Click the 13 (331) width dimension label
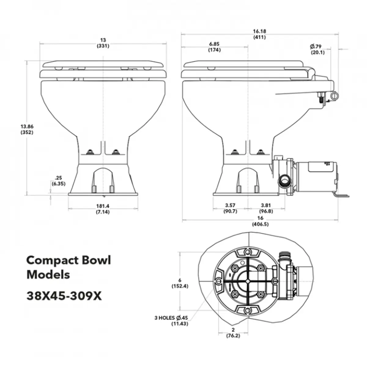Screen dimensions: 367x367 103,43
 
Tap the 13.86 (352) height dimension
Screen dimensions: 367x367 27,129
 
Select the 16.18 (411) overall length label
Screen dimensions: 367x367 259,34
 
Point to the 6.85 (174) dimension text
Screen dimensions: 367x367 214,47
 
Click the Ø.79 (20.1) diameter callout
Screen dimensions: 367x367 317,49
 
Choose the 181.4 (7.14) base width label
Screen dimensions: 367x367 102,209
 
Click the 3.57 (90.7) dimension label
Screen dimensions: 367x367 230,208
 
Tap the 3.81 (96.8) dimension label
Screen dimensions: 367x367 266,208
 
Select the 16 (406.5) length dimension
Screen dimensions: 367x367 260,221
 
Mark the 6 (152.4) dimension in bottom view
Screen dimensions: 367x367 180,283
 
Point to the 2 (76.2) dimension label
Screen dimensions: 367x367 233,332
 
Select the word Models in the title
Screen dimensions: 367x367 48,274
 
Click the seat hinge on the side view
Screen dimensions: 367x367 311,73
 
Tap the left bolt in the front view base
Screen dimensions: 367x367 90,152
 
